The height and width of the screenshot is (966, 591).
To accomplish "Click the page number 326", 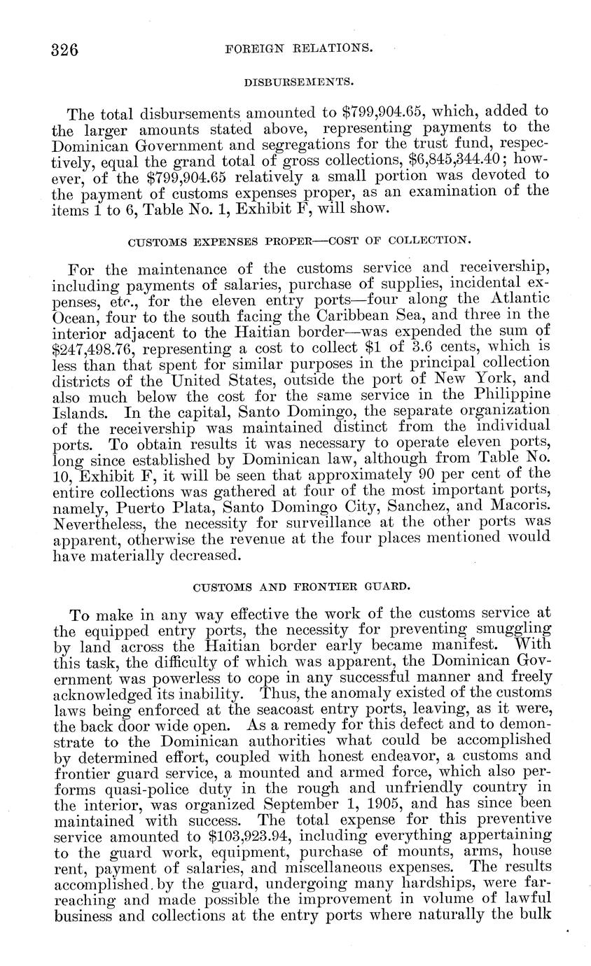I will (64, 50).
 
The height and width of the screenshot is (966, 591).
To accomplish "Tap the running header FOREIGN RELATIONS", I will (298, 49).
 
